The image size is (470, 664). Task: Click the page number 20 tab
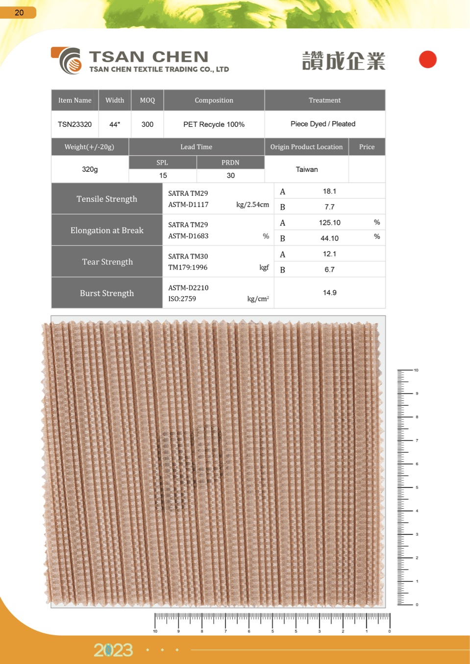[x=19, y=12]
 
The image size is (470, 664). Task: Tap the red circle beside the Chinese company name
[x=427, y=60]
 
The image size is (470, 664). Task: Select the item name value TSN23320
[x=74, y=124]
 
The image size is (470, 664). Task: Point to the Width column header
[x=115, y=100]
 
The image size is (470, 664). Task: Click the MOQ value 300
[x=148, y=124]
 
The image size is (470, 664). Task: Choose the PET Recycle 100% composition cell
[x=214, y=124]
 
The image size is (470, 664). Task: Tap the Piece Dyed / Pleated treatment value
[x=323, y=124]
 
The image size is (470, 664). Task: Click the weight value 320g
[x=90, y=169]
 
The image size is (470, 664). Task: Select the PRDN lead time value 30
[x=231, y=175]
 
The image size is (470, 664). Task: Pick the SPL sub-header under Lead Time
[x=162, y=163]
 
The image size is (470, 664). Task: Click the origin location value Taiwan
[x=307, y=169]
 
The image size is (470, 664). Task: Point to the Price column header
[x=367, y=147]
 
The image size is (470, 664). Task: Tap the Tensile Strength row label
[x=107, y=199]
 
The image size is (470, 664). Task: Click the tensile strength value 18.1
[x=329, y=191]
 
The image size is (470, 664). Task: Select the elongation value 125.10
[x=329, y=223]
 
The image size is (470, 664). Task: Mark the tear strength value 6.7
[x=329, y=270]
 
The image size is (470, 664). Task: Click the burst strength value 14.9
[x=329, y=293]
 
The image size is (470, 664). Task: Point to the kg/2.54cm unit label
[x=252, y=205]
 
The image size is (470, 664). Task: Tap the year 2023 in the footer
[x=113, y=650]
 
